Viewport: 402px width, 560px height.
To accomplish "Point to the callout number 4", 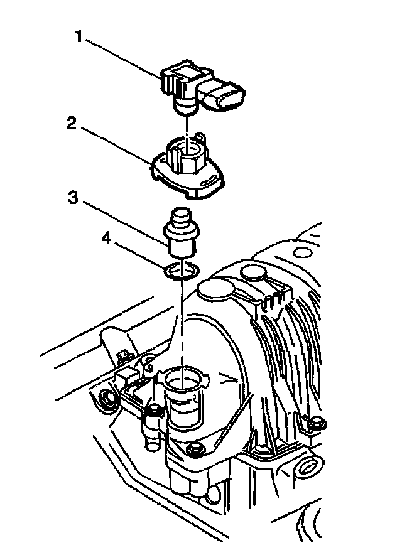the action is click(x=107, y=239).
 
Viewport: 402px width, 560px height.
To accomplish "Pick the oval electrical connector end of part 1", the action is click(x=227, y=98).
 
